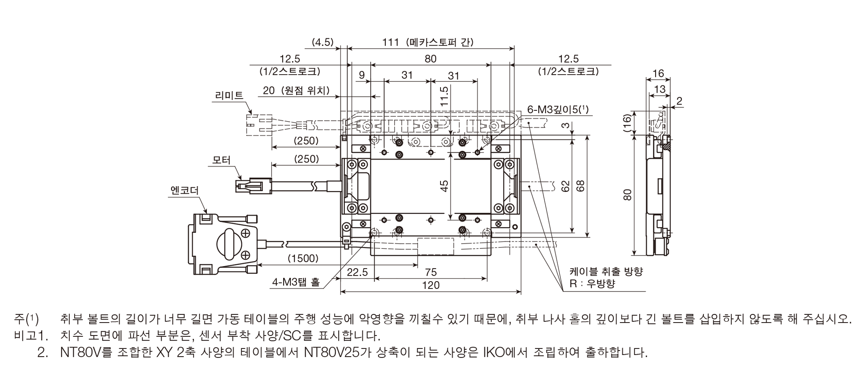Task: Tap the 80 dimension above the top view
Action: [431, 59]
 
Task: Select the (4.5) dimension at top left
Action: [323, 42]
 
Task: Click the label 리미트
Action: [228, 95]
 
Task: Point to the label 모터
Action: [222, 160]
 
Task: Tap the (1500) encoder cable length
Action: [303, 258]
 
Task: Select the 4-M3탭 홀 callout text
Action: [296, 282]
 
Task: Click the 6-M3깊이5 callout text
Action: [558, 109]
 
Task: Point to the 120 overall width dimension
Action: [431, 285]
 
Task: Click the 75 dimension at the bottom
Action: [431, 272]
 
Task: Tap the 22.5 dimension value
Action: [357, 272]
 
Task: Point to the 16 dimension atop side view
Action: [658, 74]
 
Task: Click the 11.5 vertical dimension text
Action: [444, 96]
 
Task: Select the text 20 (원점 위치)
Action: [296, 91]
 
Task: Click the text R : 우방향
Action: [592, 283]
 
